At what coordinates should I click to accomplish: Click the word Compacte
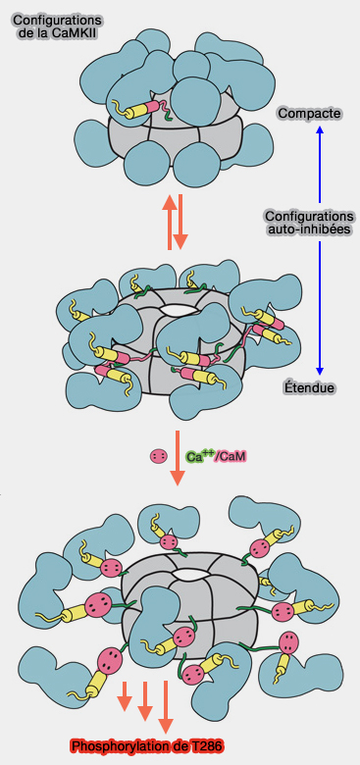coord(309,114)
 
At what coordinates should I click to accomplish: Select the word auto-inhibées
coord(309,229)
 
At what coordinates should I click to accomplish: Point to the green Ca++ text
coord(200,456)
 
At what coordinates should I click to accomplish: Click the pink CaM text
coord(231,456)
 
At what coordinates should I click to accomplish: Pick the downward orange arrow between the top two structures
coord(181,222)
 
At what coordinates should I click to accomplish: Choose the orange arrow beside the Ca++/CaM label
coord(178,456)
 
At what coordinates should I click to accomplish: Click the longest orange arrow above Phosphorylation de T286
coord(164,704)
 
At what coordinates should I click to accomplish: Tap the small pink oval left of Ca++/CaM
coord(156,456)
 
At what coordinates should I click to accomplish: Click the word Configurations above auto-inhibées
coord(309,215)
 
